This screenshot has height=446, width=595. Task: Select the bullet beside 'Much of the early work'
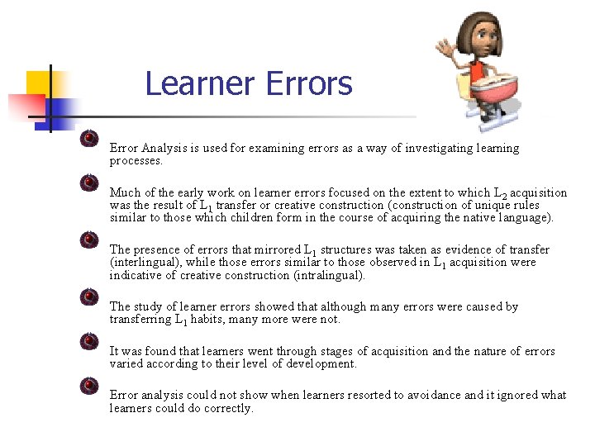point(90,183)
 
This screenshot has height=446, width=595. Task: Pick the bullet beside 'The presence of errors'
point(90,240)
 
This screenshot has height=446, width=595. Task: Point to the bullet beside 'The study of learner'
point(90,297)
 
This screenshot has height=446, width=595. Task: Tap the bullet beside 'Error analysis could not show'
point(90,386)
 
